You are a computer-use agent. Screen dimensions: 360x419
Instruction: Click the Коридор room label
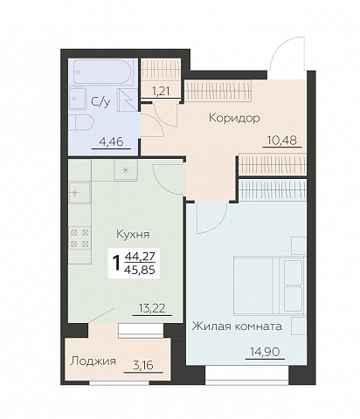click(234, 118)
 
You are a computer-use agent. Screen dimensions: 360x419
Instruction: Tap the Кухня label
click(133, 234)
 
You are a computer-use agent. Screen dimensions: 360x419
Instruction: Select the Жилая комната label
click(237, 326)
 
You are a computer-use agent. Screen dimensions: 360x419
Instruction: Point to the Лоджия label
click(93, 361)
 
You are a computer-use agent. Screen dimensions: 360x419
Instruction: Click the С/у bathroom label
click(100, 101)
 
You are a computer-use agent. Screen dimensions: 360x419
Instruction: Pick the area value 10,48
click(282, 141)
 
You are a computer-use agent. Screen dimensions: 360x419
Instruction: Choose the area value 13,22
click(152, 308)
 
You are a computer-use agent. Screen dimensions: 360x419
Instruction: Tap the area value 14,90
click(265, 352)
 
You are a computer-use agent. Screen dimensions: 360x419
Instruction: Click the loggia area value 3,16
click(143, 365)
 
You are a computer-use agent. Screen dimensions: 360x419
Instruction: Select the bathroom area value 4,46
click(111, 142)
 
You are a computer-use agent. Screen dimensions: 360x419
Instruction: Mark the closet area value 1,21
click(161, 92)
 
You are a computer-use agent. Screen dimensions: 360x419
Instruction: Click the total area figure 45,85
click(140, 271)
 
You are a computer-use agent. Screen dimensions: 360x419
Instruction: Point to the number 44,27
click(140, 257)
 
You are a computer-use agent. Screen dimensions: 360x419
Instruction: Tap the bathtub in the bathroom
click(103, 72)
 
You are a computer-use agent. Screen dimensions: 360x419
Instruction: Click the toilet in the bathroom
click(81, 122)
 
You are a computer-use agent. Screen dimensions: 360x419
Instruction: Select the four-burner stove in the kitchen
click(80, 238)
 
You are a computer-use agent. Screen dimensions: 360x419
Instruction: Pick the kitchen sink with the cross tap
click(79, 193)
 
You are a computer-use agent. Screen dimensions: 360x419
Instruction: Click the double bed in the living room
click(268, 285)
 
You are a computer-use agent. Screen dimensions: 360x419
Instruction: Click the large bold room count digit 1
click(117, 263)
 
